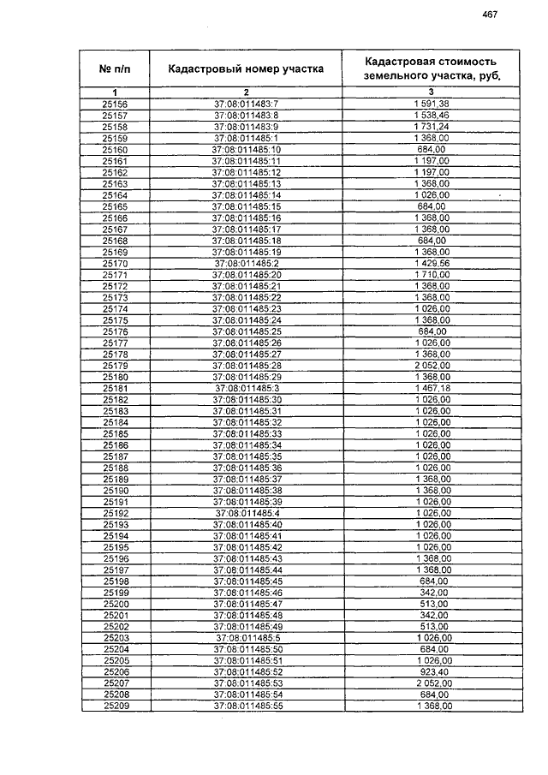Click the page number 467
coord(490,14)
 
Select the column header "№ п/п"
coord(115,69)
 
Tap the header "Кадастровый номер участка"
coord(246,69)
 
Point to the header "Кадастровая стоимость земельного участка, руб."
coord(431,68)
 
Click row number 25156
coord(115,104)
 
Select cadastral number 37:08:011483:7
coord(247,104)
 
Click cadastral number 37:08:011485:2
coord(247,263)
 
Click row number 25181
coord(115,388)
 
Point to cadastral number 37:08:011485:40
coord(247,524)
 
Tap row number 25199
coord(115,592)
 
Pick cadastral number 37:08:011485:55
coord(247,706)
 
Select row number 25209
coord(115,706)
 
